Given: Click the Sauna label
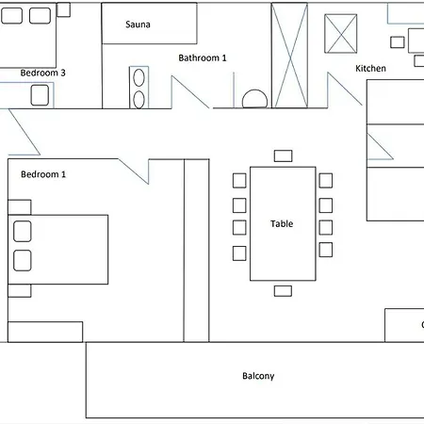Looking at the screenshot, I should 139,25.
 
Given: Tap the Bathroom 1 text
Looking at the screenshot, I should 203,57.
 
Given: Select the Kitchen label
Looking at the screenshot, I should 370,69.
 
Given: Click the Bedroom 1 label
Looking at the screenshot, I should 43,174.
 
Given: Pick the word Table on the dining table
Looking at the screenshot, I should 282,224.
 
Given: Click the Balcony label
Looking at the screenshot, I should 258,376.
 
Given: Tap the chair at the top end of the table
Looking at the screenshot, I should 282,155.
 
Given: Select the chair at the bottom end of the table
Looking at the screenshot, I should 283,291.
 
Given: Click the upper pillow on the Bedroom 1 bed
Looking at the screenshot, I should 23,231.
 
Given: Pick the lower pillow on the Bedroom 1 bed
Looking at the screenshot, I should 23,261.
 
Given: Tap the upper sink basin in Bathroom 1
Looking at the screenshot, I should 139,78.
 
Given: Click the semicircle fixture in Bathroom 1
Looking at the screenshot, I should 254,100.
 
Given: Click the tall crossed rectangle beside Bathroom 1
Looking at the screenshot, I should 289,57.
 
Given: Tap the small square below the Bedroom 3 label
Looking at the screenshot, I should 40,94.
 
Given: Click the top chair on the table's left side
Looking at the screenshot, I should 239,180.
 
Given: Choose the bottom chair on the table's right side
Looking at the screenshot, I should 326,250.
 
